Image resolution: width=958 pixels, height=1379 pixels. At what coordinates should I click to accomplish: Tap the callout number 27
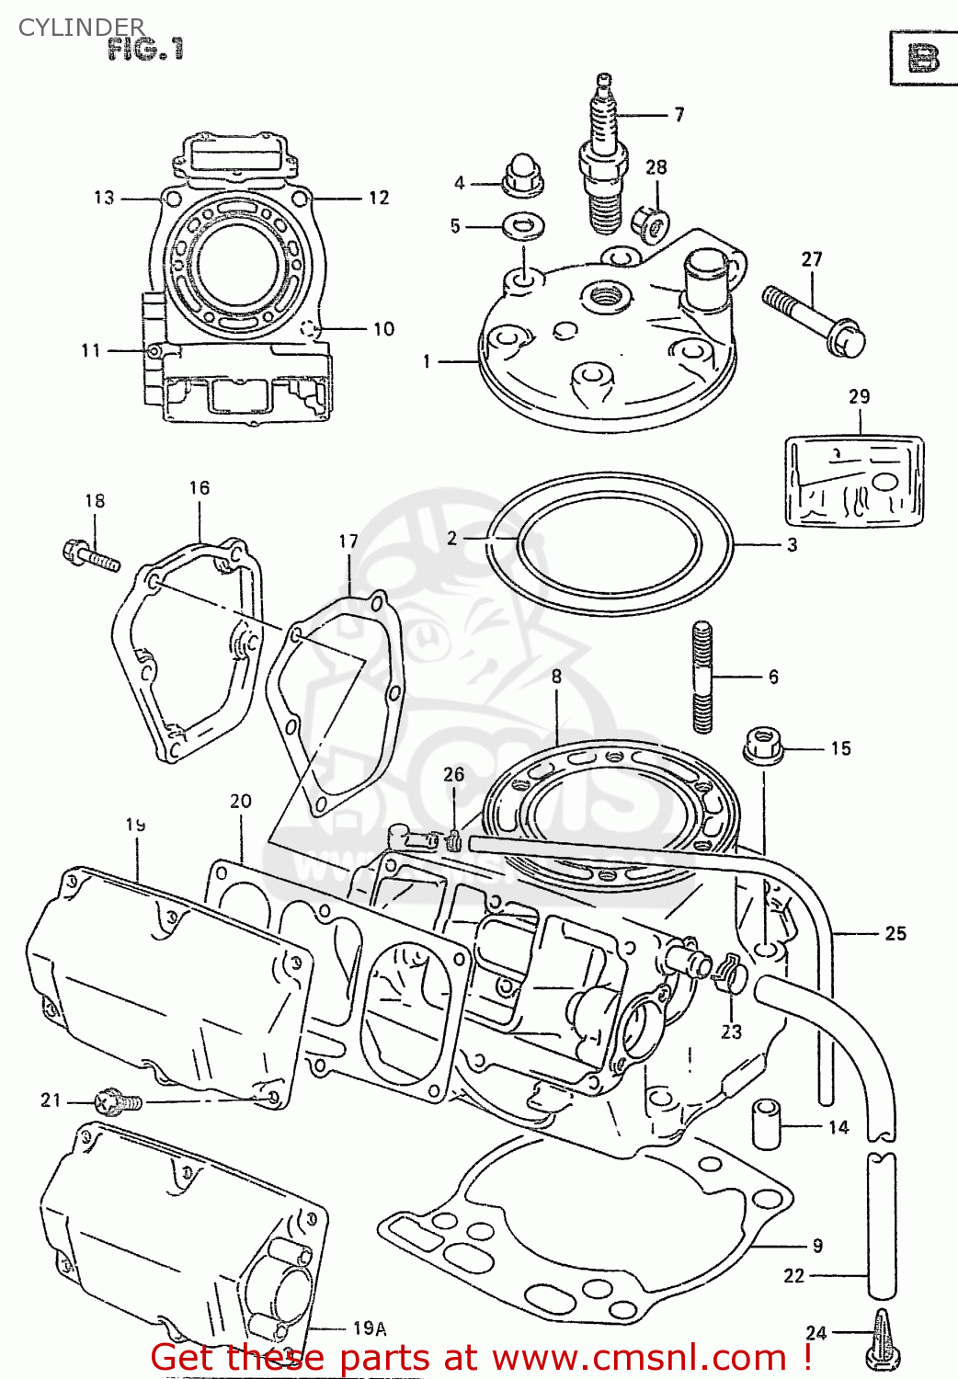pyautogui.click(x=811, y=259)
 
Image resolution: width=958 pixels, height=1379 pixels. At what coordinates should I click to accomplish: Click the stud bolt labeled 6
pyautogui.click(x=702, y=677)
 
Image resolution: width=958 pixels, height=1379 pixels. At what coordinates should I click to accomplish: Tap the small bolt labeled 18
pyautogui.click(x=91, y=555)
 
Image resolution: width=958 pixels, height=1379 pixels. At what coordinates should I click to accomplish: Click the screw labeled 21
pyautogui.click(x=118, y=1100)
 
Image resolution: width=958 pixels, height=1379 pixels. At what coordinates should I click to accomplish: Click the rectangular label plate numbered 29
pyautogui.click(x=854, y=481)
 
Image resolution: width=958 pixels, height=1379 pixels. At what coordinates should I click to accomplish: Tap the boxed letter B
pyautogui.click(x=922, y=59)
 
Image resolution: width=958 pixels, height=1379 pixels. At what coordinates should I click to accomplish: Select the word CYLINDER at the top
pyautogui.click(x=81, y=27)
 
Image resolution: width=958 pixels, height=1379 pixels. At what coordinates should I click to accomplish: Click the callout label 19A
pyautogui.click(x=369, y=1328)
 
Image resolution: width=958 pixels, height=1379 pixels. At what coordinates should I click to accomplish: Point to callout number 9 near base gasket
pyautogui.click(x=817, y=1246)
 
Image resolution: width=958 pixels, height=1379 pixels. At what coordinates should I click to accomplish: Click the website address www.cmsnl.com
pyautogui.click(x=640, y=1358)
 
